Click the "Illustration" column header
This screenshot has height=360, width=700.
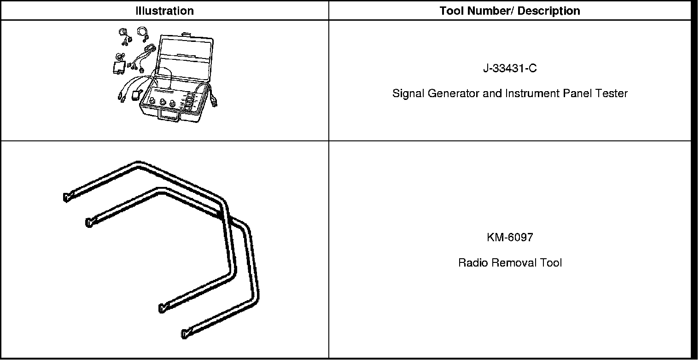pos(164,11)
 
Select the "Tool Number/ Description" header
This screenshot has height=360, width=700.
pos(510,11)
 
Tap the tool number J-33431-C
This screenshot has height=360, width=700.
pos(510,69)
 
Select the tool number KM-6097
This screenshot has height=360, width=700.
pos(510,238)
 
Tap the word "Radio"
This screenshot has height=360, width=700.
pos(473,263)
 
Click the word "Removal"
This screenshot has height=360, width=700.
pos(511,263)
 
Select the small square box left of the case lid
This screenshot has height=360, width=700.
pos(119,68)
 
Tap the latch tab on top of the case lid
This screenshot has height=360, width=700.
pos(187,34)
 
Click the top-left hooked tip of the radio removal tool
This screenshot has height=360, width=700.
pos(65,197)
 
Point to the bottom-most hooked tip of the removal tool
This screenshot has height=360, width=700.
pos(185,334)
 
